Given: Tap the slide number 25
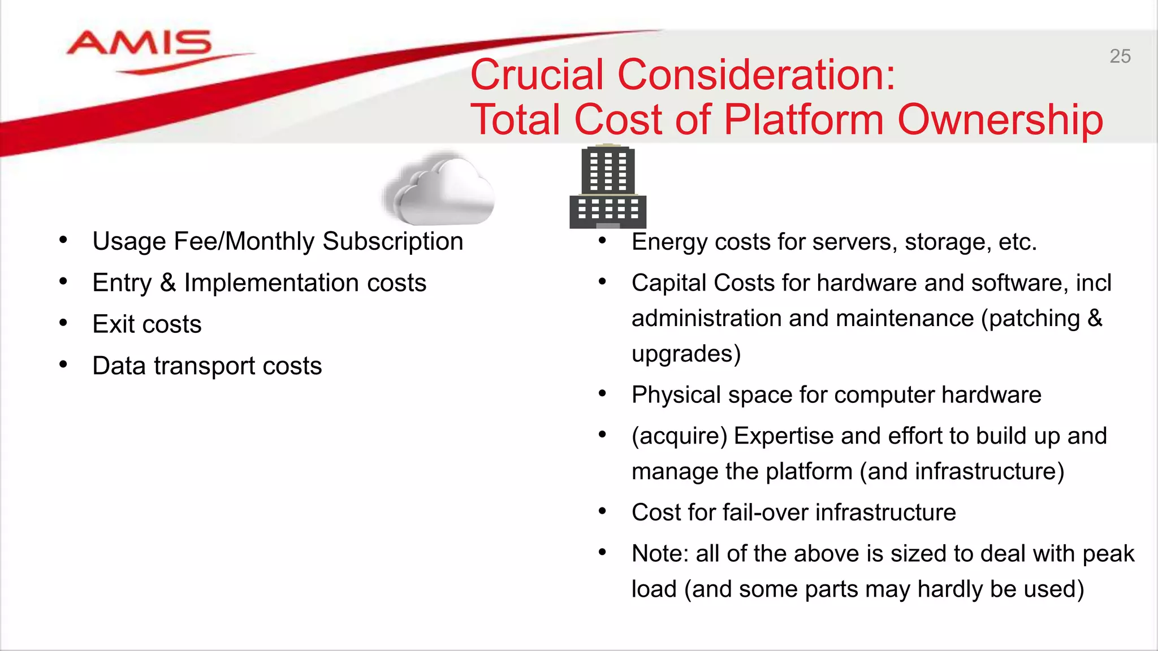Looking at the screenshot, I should point(1120,57).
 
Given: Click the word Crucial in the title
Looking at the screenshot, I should point(537,75).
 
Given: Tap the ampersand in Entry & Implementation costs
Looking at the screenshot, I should point(168,283).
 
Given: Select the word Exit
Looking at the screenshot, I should point(113,324).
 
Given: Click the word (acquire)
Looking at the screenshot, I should point(679,436).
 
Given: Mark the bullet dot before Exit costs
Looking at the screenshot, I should point(63,323).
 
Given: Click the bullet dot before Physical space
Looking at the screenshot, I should point(602,393).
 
